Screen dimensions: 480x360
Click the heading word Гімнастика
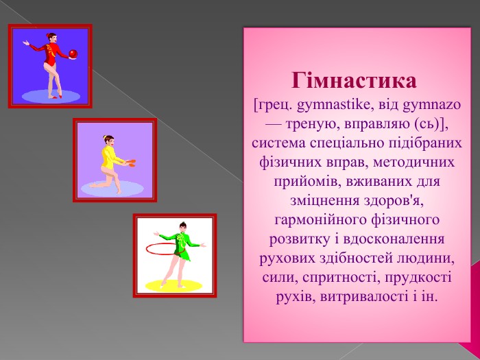tap(354, 81)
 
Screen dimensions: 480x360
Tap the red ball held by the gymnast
tap(73, 54)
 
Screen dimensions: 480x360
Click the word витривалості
tap(364, 297)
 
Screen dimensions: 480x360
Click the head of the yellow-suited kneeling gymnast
tap(108, 141)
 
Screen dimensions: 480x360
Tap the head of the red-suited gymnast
tap(52, 38)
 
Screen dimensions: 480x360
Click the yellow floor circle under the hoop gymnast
tap(173, 286)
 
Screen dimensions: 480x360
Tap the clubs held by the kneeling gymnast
tap(132, 163)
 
